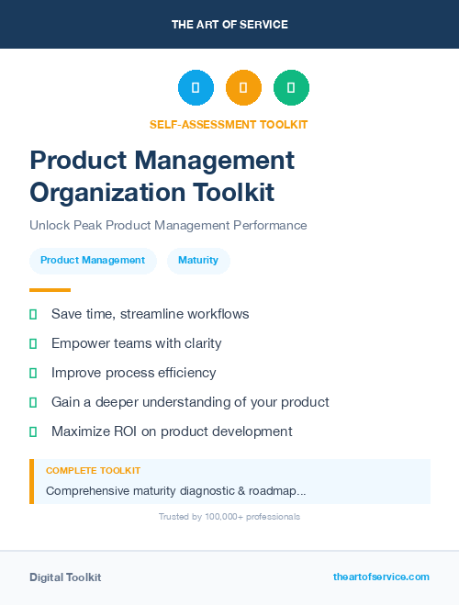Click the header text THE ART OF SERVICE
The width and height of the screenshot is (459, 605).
pyautogui.click(x=229, y=25)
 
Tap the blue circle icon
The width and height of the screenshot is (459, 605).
pyautogui.click(x=196, y=88)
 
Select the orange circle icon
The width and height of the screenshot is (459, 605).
pyautogui.click(x=243, y=88)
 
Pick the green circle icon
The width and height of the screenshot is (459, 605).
pyautogui.click(x=291, y=88)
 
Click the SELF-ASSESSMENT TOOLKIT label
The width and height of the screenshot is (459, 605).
pyautogui.click(x=229, y=124)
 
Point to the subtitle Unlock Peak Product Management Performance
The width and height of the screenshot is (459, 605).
pyautogui.click(x=168, y=225)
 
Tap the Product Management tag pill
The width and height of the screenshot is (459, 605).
pyautogui.click(x=93, y=261)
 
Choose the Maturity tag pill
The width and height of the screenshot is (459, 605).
pyautogui.click(x=198, y=261)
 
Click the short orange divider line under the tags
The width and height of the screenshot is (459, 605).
pyautogui.click(x=50, y=289)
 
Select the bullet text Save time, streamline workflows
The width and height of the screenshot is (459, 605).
pyautogui.click(x=150, y=314)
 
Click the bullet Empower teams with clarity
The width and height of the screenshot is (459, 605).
pyautogui.click(x=136, y=343)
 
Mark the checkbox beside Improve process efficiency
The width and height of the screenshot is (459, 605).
pyautogui.click(x=33, y=373)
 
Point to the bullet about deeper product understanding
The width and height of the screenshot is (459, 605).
pyautogui.click(x=190, y=402)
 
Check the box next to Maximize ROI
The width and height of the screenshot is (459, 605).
pyautogui.click(x=33, y=431)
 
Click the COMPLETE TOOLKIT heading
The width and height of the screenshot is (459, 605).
pyautogui.click(x=93, y=471)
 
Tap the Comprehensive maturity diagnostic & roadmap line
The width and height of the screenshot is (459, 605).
pyautogui.click(x=175, y=491)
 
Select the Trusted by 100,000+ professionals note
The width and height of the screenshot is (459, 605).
pyautogui.click(x=229, y=517)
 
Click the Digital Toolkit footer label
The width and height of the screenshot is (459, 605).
pyautogui.click(x=65, y=577)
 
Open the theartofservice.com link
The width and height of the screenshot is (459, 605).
pyautogui.click(x=381, y=577)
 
